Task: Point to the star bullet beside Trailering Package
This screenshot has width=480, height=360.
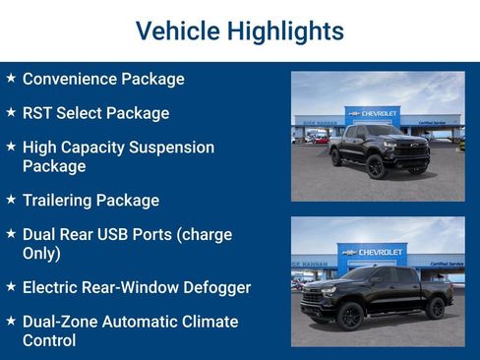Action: point(11,200)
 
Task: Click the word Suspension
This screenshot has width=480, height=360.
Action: point(172,148)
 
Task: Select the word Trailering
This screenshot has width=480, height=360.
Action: point(57,201)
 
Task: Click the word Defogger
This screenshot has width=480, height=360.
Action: point(216,287)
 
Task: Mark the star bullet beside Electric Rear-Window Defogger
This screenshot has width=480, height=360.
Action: point(11,287)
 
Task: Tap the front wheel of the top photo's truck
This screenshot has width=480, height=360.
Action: point(375,166)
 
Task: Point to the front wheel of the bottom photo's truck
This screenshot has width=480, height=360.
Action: point(351,316)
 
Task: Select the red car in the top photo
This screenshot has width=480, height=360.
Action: point(320,140)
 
